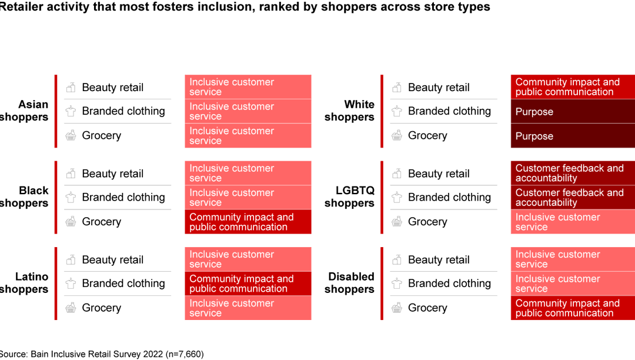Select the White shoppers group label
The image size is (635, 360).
tap(350, 111)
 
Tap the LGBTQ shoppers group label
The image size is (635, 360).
tap(350, 197)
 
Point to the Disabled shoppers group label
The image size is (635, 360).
tap(350, 283)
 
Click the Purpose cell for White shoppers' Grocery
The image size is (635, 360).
tap(573, 136)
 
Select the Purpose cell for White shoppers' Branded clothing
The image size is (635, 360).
tap(573, 111)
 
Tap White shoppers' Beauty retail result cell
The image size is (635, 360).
tap(573, 87)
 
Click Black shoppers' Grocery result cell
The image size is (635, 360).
tap(248, 222)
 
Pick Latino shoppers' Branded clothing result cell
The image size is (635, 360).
tap(248, 284)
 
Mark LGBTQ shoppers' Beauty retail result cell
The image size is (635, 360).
tap(573, 173)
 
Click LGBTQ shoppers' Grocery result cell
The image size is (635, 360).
tap(573, 222)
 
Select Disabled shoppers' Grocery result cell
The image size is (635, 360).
tap(573, 308)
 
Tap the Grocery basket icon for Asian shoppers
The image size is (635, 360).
tap(71, 135)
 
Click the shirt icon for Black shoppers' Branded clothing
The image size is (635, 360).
tap(71, 197)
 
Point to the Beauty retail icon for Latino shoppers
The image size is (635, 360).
tap(71, 259)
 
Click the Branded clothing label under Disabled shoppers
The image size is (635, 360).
tap(449, 284)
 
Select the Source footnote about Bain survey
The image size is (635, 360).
tap(102, 354)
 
